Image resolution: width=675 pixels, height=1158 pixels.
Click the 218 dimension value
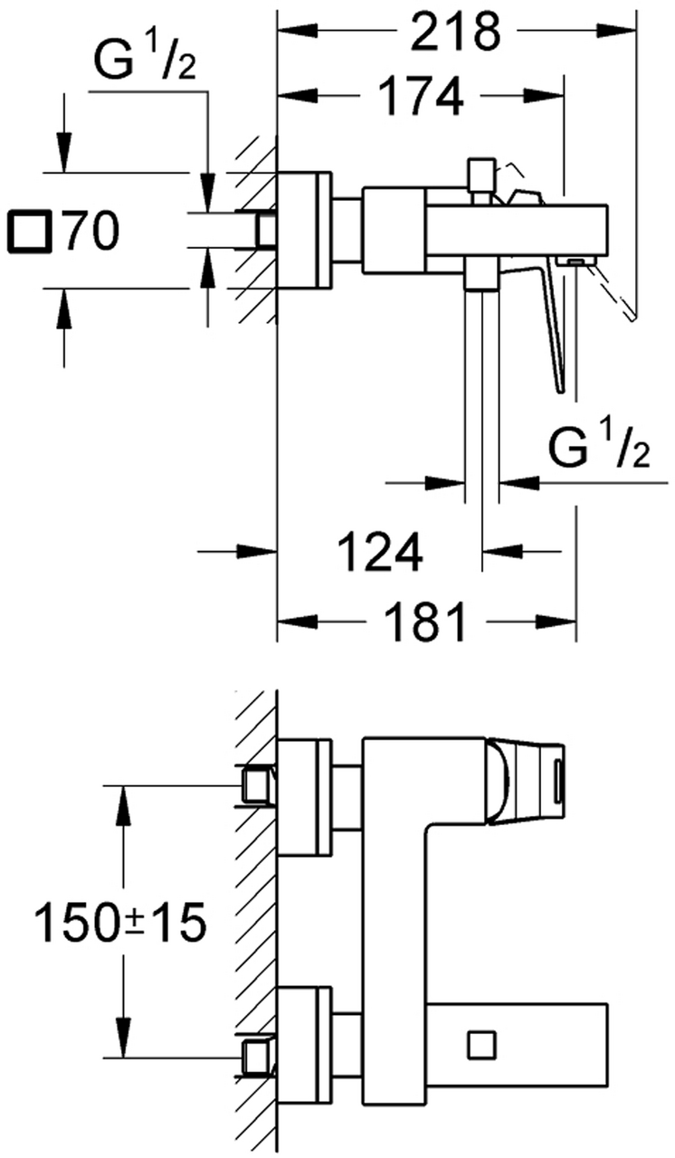[x=455, y=32]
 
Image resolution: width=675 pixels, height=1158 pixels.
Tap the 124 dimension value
[x=380, y=552]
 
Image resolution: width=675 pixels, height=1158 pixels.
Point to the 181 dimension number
[x=425, y=622]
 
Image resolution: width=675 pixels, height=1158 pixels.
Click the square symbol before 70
[x=31, y=231]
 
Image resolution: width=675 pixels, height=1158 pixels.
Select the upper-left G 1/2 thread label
[x=146, y=60]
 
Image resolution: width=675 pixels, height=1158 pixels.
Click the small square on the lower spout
[x=482, y=1012]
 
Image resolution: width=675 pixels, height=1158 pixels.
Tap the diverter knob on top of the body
[x=481, y=176]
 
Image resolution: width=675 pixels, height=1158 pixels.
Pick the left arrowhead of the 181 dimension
[x=297, y=621]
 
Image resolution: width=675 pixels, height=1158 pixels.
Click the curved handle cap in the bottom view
[x=499, y=781]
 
